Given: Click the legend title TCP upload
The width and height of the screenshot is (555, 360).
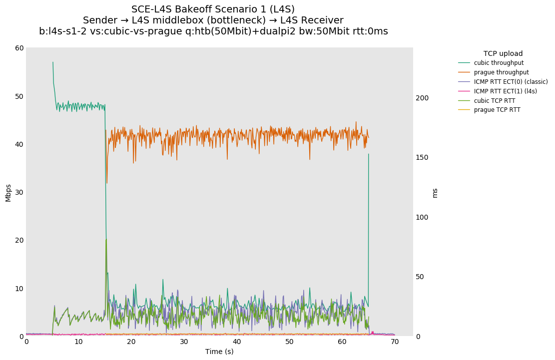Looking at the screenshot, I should pyautogui.click(x=503, y=53).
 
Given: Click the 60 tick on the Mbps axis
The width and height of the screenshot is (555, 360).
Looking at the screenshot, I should pyautogui.click(x=19, y=48).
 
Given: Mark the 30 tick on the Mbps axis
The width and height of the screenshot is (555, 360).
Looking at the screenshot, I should pyautogui.click(x=19, y=192).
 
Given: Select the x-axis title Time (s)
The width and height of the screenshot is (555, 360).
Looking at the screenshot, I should pyautogui.click(x=219, y=352).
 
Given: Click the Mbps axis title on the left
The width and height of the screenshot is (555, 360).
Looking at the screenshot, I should pyautogui.click(x=8, y=192).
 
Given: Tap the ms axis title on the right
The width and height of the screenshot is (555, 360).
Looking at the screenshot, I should pyautogui.click(x=435, y=193).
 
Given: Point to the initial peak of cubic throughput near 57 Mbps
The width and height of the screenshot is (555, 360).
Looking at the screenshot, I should pyautogui.click(x=53, y=62).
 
